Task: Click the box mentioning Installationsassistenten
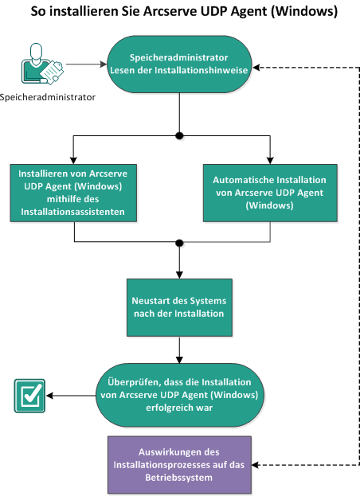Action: click(x=74, y=192)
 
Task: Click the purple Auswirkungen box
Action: click(x=179, y=464)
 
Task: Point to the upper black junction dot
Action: click(x=180, y=134)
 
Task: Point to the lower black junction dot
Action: click(x=180, y=242)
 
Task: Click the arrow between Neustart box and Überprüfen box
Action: click(x=180, y=349)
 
